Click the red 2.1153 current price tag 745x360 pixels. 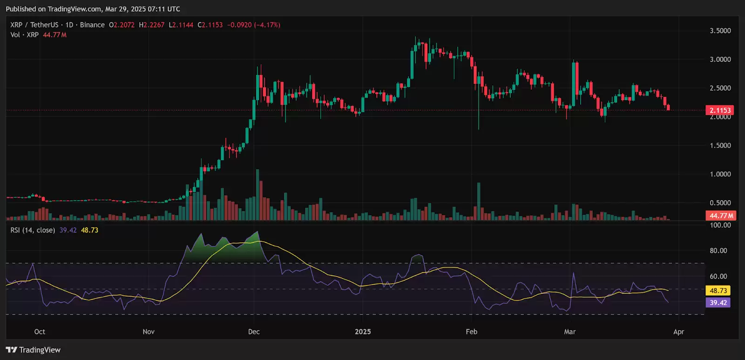(x=720, y=110)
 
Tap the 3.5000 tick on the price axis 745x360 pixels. (x=720, y=31)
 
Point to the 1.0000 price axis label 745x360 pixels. (x=720, y=174)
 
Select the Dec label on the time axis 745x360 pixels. (x=254, y=332)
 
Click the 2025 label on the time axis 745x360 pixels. (x=363, y=332)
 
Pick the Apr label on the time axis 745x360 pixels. (x=678, y=332)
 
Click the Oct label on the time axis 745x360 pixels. (x=40, y=332)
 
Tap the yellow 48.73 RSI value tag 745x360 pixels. (x=718, y=291)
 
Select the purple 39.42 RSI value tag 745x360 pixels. (x=718, y=303)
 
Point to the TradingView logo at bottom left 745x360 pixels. (x=33, y=350)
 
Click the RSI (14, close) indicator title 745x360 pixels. (x=33, y=230)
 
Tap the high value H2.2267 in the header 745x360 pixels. (x=152, y=25)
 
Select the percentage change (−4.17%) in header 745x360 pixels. (x=267, y=25)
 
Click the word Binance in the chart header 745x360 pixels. (x=92, y=25)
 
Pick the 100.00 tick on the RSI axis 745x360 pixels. (x=720, y=225)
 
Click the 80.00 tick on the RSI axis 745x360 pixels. (x=718, y=251)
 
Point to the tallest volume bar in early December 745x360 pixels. (x=257, y=195)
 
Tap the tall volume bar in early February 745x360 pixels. (x=479, y=201)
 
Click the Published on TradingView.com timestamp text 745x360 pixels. (x=93, y=9)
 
